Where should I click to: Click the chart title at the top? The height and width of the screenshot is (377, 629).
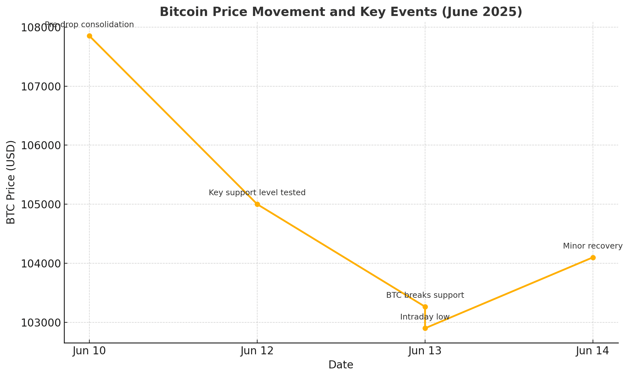pyautogui.click(x=341, y=12)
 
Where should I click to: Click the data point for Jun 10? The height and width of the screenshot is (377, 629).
pyautogui.click(x=89, y=36)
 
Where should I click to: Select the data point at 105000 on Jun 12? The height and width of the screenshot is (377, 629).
pyautogui.click(x=257, y=204)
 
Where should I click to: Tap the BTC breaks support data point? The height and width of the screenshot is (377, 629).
pyautogui.click(x=425, y=307)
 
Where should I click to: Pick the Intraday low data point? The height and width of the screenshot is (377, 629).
pyautogui.click(x=425, y=328)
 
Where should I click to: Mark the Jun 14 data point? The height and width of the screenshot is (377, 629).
pyautogui.click(x=593, y=258)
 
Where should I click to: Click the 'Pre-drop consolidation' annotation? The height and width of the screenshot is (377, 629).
pyautogui.click(x=89, y=25)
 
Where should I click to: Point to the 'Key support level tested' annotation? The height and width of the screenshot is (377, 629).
pyautogui.click(x=257, y=193)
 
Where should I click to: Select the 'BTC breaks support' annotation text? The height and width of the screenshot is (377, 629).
pyautogui.click(x=425, y=295)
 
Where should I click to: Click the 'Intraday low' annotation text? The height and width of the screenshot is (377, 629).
pyautogui.click(x=425, y=317)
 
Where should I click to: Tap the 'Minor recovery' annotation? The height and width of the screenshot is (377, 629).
pyautogui.click(x=593, y=246)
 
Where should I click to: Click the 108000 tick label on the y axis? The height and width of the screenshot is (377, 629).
pyautogui.click(x=41, y=27)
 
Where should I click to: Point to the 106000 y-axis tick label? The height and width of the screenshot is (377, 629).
pyautogui.click(x=41, y=145)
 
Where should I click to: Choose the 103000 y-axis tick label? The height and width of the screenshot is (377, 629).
pyautogui.click(x=41, y=322)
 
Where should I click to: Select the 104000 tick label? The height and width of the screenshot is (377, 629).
pyautogui.click(x=41, y=264)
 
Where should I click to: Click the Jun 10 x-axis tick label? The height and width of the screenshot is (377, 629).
pyautogui.click(x=89, y=351)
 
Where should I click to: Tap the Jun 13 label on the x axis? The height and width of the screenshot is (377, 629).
pyautogui.click(x=425, y=351)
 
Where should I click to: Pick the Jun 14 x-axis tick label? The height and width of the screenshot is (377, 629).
pyautogui.click(x=593, y=351)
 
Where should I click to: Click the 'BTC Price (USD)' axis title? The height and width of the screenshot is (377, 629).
pyautogui.click(x=11, y=182)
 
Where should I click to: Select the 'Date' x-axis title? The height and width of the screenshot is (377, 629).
pyautogui.click(x=341, y=365)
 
